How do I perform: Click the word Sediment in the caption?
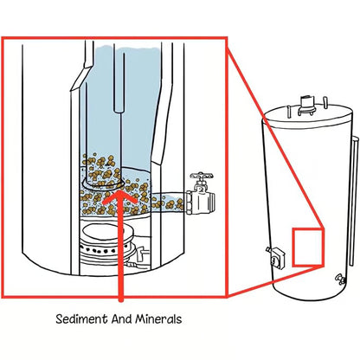76,318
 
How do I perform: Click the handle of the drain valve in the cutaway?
202,178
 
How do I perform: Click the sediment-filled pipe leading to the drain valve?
168,203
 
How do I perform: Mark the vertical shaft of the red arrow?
119,251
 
